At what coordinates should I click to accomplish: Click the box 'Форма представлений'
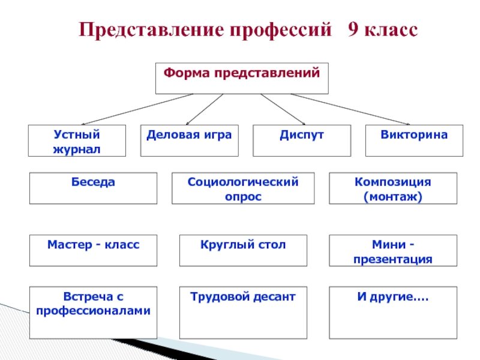242,79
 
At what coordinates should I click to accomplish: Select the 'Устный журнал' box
77,141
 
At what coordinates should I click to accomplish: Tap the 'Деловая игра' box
190,141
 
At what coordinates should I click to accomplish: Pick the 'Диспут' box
302,141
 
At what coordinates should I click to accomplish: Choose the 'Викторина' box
414,141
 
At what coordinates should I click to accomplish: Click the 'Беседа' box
94,188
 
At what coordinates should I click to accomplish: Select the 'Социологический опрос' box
242,188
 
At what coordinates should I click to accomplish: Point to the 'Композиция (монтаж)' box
393,188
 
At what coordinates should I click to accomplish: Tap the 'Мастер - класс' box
94,250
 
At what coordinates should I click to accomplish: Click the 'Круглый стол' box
243,250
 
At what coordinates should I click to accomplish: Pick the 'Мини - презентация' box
393,250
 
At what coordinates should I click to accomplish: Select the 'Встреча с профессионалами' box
94,313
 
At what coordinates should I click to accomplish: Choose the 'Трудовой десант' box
243,313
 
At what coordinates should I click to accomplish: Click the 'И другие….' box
393,313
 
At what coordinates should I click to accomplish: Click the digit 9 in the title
353,30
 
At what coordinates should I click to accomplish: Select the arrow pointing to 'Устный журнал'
137,109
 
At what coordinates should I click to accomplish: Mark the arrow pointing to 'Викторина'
354,109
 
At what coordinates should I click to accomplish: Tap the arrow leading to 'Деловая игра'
204,109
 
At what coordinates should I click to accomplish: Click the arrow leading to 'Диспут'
283,109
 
